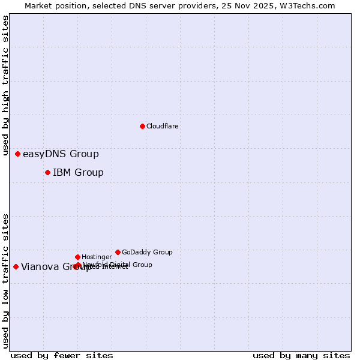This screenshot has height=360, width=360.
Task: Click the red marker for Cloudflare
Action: [142, 126]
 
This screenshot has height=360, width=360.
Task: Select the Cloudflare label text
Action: [162, 127]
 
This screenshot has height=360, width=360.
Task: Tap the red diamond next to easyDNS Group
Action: [17, 154]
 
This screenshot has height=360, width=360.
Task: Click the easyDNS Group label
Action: [61, 154]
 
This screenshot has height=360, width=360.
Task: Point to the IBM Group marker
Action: [47, 173]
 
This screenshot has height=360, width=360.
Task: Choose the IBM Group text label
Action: [78, 173]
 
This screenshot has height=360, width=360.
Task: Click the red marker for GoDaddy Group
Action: [118, 252]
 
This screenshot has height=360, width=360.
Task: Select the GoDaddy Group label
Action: [147, 253]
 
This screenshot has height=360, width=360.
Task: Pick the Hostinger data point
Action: [77, 257]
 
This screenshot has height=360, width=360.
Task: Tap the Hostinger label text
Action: [97, 257]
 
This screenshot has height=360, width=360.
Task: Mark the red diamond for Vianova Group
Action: [16, 266]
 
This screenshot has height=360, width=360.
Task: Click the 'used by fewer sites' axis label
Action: [62, 355]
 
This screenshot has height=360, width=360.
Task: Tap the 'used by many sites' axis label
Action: [301, 355]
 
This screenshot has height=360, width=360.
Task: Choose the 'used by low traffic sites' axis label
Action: [6, 281]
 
